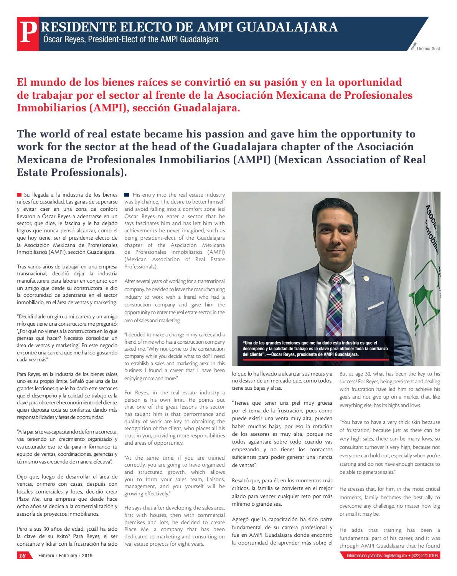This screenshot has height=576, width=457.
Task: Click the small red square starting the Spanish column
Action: point(19,195)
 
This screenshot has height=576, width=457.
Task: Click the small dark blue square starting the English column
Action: point(127,195)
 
